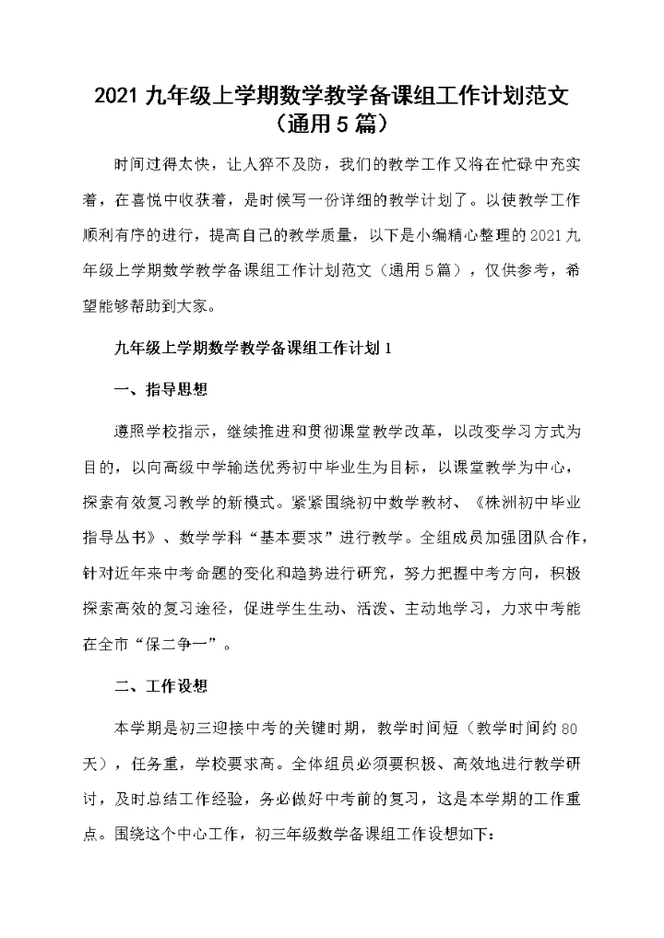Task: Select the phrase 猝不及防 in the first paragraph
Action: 281,165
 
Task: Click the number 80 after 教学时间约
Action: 569,729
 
